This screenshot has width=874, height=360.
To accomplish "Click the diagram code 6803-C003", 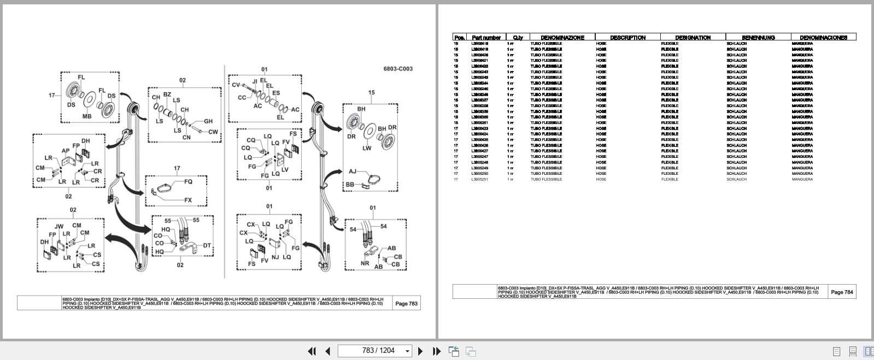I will (x=397, y=69).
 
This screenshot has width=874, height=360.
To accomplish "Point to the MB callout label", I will (x=87, y=116).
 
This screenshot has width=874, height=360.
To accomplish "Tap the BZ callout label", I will (x=167, y=95).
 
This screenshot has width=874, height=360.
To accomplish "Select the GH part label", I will (x=208, y=121).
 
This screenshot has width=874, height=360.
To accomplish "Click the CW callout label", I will (x=213, y=132).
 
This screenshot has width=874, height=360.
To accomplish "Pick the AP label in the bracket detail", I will (x=66, y=151).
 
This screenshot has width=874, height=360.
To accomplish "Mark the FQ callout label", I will (x=188, y=181).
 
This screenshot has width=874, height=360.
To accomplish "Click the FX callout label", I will (x=188, y=200).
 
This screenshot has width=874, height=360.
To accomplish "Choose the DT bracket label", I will (x=207, y=246).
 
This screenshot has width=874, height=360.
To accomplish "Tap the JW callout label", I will (x=59, y=226).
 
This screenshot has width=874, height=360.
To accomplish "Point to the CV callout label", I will (x=236, y=85).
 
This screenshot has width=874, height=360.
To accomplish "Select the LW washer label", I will (x=367, y=148).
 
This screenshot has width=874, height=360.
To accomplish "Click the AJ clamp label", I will (x=353, y=172).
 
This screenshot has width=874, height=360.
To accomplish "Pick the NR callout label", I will (x=365, y=263).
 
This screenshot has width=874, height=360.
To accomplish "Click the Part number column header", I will (x=486, y=38).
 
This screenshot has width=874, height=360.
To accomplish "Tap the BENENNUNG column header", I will (x=758, y=38).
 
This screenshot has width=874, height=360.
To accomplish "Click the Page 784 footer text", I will (x=842, y=292).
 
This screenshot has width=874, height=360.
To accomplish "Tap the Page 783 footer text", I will (x=406, y=304).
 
